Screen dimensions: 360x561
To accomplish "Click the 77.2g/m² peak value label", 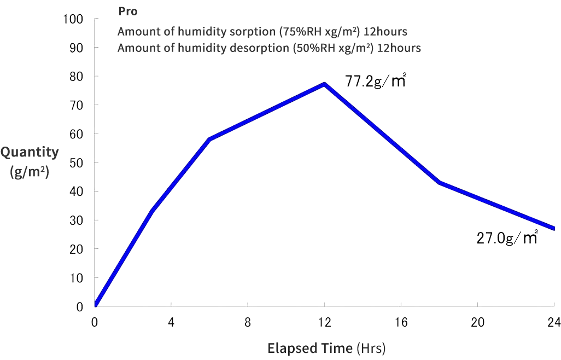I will point(376,82).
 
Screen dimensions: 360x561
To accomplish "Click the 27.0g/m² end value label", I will point(507,238).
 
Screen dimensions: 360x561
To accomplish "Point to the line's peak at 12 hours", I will point(324,84).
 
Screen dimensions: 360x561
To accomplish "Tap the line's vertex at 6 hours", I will point(209,139).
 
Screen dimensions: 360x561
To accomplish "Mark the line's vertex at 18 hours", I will point(439,182).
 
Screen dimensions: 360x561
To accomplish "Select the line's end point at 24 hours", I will point(554,228).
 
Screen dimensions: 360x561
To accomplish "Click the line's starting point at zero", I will point(95,305).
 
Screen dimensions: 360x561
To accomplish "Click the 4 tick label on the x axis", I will point(171,322).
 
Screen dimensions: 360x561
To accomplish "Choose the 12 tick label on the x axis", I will point(324,322).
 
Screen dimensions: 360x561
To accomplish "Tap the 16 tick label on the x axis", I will point(401,322).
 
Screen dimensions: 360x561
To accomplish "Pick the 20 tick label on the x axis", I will point(477,322).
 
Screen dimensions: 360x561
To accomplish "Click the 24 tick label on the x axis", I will point(554,322).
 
